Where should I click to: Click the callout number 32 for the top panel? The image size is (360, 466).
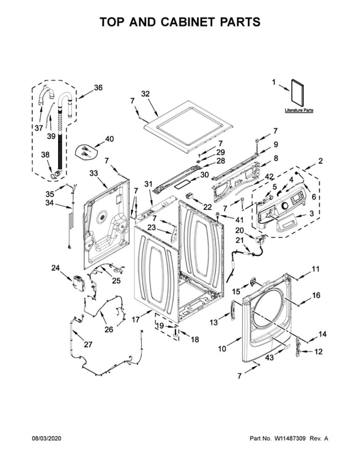point(145,94)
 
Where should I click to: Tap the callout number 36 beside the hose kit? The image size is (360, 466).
point(98,88)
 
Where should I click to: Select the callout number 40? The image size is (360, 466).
point(109,139)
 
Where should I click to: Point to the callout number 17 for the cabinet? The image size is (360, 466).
point(136,320)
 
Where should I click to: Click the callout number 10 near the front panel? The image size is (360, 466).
point(222,349)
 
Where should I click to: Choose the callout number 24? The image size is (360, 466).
point(55,268)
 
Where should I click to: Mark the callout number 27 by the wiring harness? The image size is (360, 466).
point(88,344)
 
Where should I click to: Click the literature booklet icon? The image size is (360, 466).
point(297,92)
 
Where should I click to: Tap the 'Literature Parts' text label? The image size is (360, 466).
point(299,110)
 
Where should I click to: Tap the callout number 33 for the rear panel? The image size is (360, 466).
point(94,173)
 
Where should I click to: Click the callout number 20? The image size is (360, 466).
point(239,230)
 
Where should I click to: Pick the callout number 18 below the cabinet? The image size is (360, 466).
point(195,340)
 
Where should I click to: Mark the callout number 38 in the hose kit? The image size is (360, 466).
point(45,155)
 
